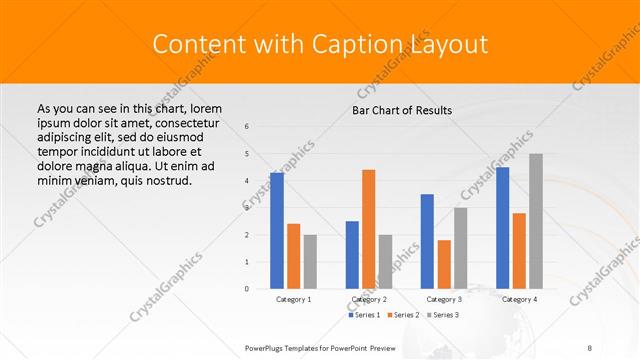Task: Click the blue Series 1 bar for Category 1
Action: pos(277,231)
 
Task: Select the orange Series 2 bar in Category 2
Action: pos(368,229)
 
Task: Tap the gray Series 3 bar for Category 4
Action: pos(535,221)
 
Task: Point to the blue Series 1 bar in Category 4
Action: pos(502,228)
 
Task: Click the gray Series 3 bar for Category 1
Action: pos(310,262)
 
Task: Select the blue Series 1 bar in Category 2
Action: pos(352,255)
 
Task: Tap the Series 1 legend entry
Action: pos(364,315)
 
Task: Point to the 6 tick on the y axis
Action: pos(247,126)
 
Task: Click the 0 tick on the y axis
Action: pos(247,289)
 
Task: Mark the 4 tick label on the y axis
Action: pos(247,181)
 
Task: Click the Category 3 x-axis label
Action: pos(443,299)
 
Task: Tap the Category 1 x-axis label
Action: pos(293,299)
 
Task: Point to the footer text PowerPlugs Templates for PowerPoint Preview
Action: pos(321,347)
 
